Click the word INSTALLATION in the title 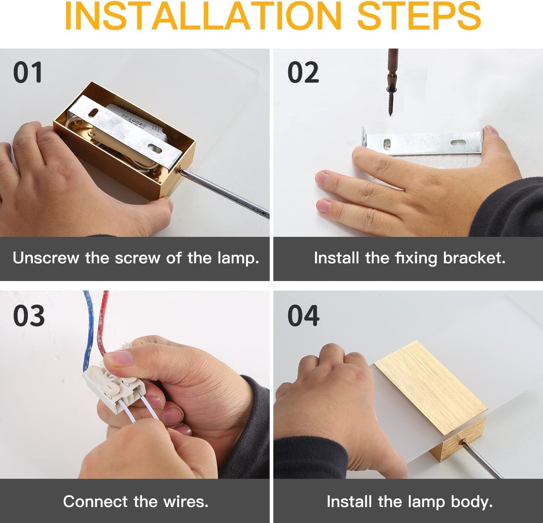pyautogui.click(x=203, y=16)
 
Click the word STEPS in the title pyautogui.click(x=419, y=16)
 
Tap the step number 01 pyautogui.click(x=28, y=72)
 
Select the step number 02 pyautogui.click(x=303, y=72)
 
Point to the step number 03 pyautogui.click(x=29, y=315)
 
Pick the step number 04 pyautogui.click(x=304, y=315)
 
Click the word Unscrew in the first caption pyautogui.click(x=46, y=258)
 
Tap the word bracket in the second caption pyautogui.click(x=474, y=258)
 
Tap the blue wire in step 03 pyautogui.click(x=88, y=330)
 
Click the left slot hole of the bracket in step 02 pyautogui.click(x=387, y=143)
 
